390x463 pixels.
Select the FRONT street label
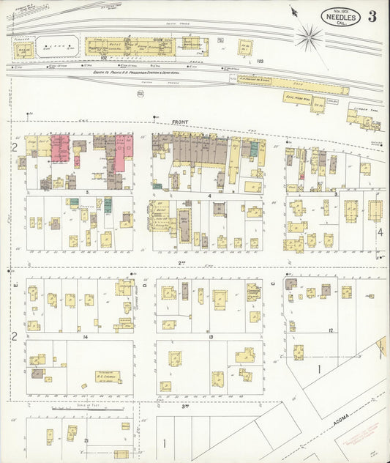(x=180, y=122)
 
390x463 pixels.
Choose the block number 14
(x=86, y=336)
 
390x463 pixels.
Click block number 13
(x=210, y=336)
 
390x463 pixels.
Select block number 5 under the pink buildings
(x=86, y=191)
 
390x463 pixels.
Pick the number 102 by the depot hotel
(x=104, y=58)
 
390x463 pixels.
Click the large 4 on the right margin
(x=380, y=232)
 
